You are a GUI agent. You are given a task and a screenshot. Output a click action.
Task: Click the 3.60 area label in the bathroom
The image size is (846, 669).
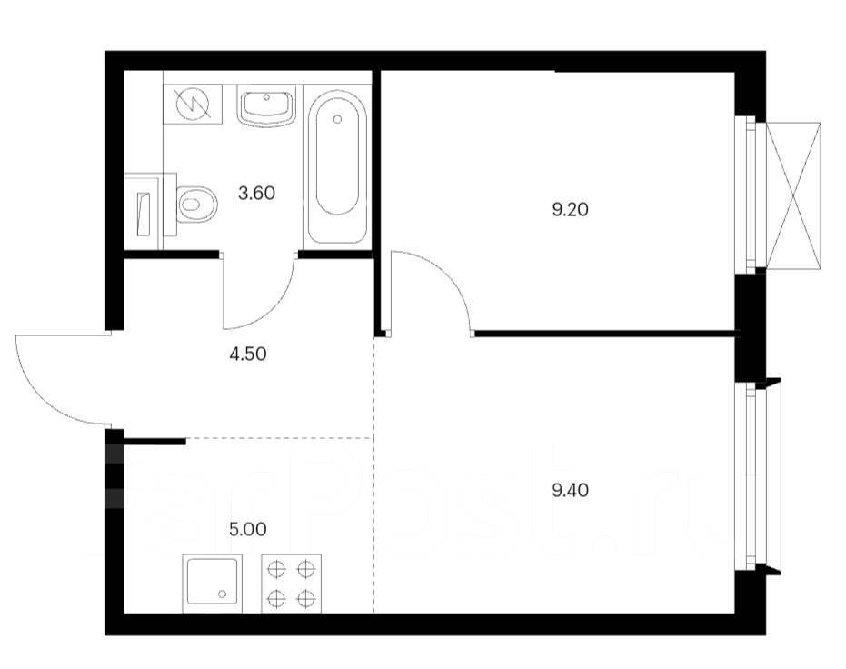point(257,193)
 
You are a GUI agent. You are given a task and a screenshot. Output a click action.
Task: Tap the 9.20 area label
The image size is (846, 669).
point(571,209)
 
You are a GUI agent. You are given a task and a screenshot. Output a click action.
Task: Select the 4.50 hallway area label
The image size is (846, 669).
point(248,354)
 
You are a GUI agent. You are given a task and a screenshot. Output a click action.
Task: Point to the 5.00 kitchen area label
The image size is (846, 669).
point(248,529)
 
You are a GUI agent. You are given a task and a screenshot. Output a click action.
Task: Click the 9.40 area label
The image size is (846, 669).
point(571,491)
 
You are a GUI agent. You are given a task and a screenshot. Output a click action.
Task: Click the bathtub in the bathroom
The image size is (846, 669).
point(337,166)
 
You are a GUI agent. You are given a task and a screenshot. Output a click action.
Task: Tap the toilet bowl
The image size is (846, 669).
point(196,204)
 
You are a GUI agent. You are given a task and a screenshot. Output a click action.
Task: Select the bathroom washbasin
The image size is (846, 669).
point(265,108)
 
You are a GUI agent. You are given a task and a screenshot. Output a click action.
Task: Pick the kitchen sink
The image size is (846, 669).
point(212,584)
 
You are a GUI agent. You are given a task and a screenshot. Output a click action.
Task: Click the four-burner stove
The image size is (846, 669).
point(292,584)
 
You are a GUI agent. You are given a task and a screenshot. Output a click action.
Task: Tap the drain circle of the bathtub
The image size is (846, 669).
point(338,119)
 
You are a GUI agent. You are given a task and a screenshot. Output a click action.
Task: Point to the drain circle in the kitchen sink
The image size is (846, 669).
point(223,594)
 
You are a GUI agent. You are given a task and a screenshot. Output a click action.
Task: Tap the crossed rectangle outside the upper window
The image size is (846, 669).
point(793,195)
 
